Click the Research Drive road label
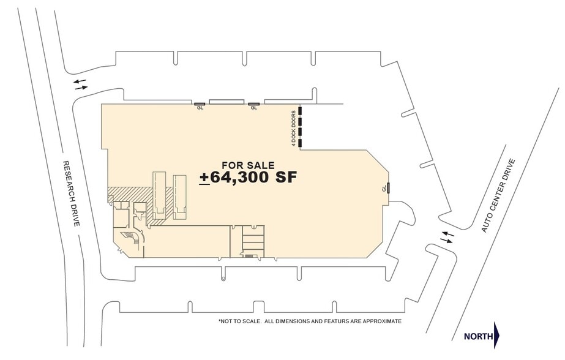[72, 193]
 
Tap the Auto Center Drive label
[498, 195]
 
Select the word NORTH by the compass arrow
[479, 337]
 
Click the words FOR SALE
[249, 165]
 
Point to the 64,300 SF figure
[253, 178]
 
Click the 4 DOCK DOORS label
[294, 129]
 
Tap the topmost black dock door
[300, 111]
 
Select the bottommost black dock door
[300, 143]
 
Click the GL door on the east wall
[389, 188]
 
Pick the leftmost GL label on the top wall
[200, 107]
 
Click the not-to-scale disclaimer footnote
[310, 321]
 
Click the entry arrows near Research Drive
[80, 84]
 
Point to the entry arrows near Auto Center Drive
[447, 237]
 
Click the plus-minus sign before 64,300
[204, 178]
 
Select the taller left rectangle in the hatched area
[159, 195]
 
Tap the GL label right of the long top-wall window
[254, 107]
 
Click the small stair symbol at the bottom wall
[249, 256]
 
